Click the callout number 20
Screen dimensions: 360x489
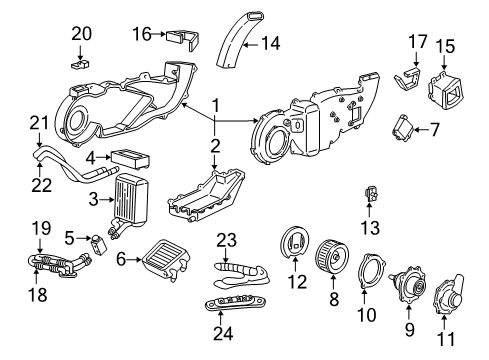(81, 32)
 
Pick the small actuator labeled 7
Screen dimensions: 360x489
(401, 127)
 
